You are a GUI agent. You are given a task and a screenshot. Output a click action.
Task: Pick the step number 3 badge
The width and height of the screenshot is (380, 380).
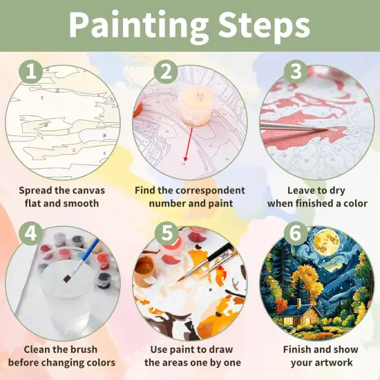click(x=296, y=71)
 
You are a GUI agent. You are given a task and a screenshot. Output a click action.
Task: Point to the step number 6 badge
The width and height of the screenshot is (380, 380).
click(x=296, y=234)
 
